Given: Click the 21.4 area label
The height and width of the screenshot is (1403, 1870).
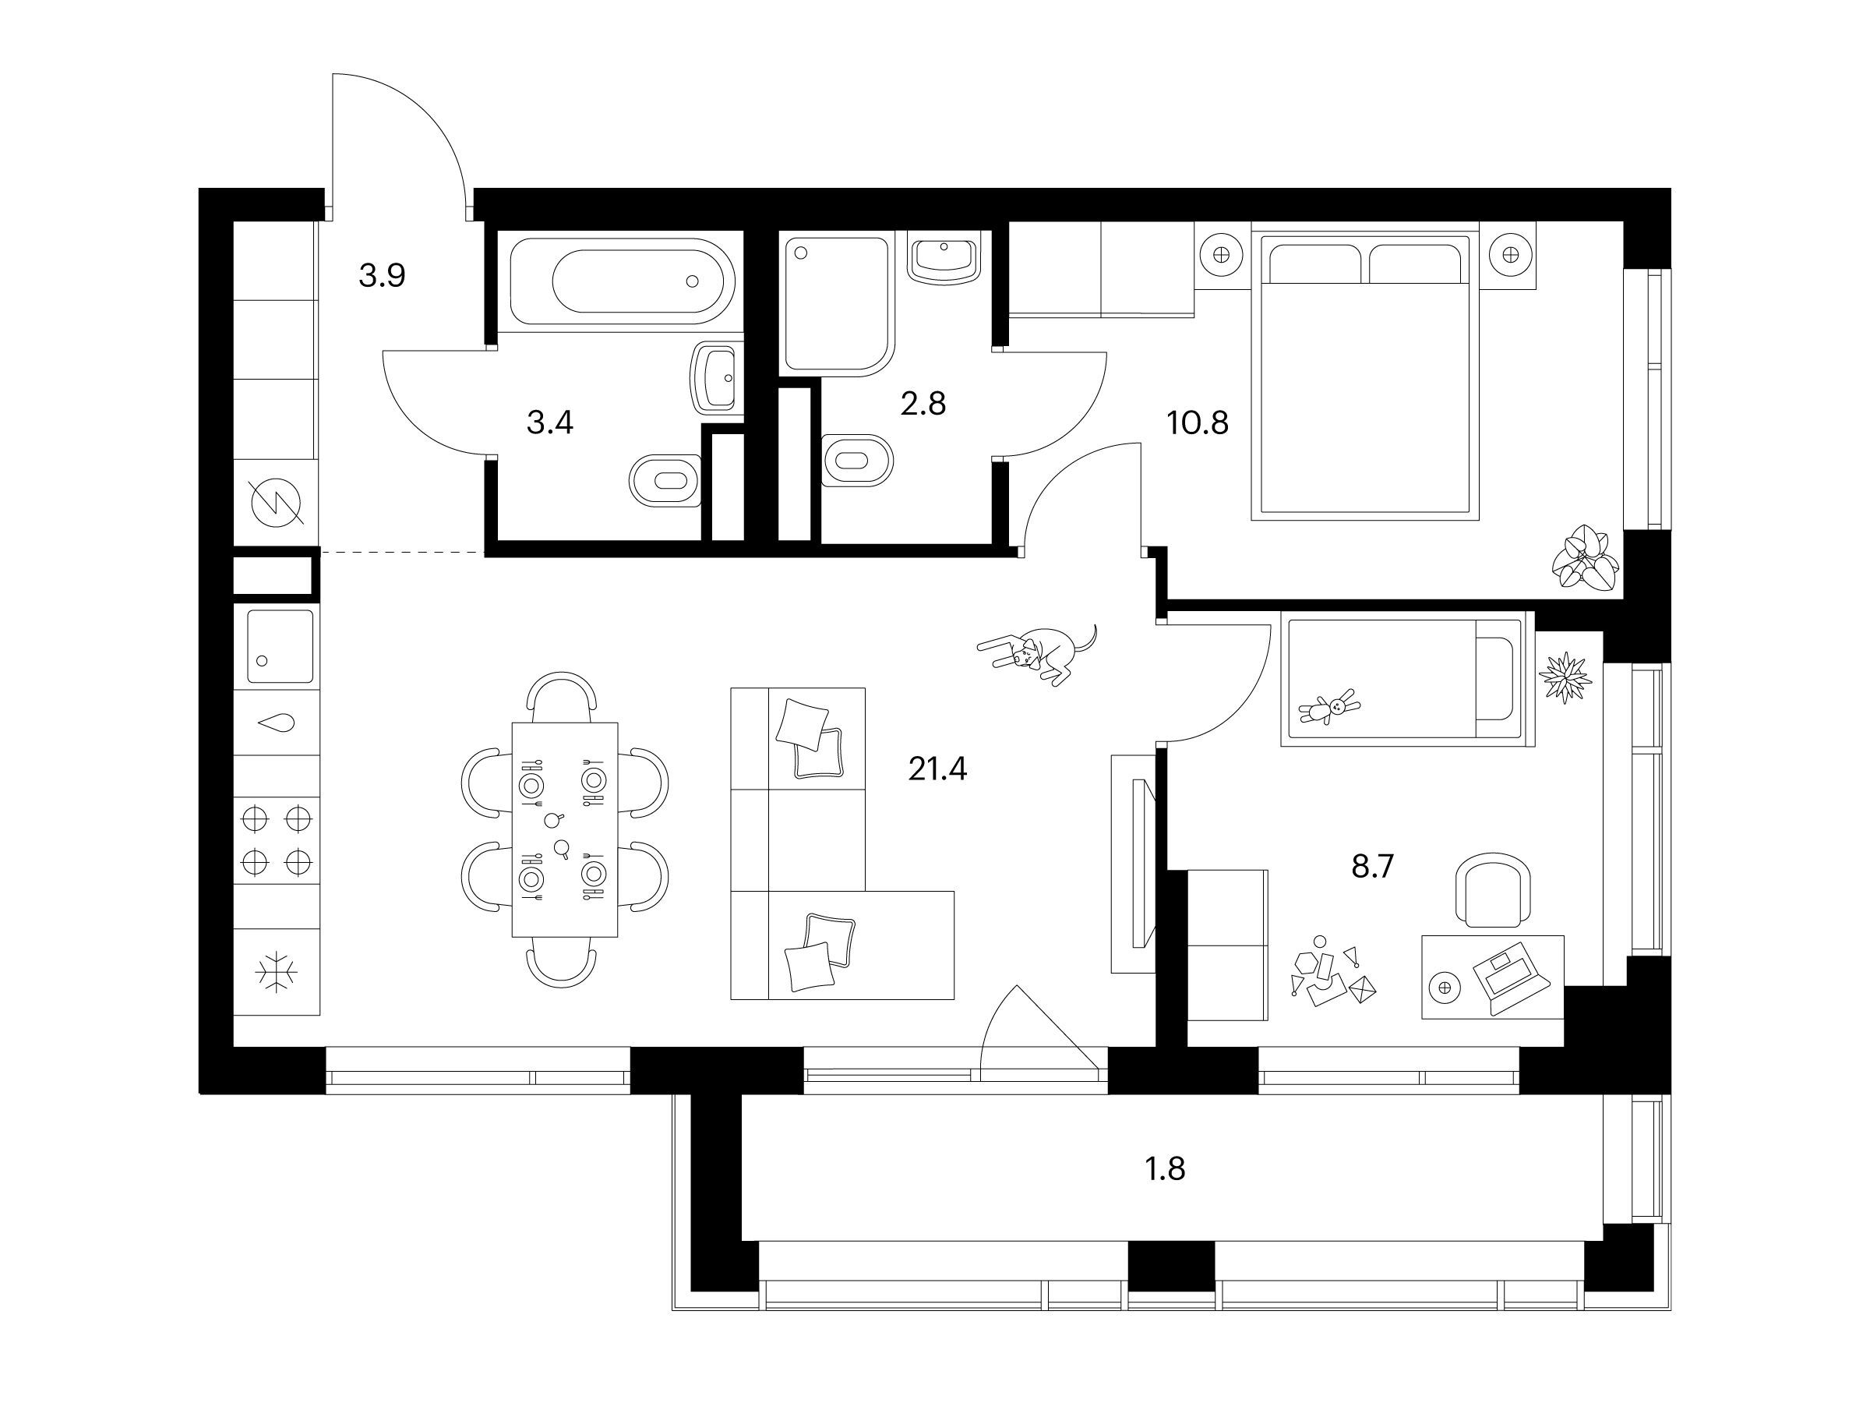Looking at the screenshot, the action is (937, 769).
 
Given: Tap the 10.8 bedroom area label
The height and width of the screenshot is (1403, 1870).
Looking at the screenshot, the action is (1197, 422).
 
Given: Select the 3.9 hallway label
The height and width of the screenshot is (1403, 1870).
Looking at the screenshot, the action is (382, 275).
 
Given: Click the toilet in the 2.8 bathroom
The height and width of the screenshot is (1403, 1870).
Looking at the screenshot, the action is (857, 461).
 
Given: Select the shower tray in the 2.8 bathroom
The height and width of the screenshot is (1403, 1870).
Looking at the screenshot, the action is (837, 306).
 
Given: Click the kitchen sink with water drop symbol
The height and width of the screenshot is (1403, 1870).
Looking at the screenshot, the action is (277, 723).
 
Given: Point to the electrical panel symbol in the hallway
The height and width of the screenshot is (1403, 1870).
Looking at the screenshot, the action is (277, 502).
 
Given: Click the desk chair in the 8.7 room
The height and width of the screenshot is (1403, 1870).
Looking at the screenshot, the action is (1493, 889).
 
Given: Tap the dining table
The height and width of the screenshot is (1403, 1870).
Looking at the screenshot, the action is (565, 829).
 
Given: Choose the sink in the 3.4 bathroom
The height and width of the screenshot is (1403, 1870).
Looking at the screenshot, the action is (717, 377).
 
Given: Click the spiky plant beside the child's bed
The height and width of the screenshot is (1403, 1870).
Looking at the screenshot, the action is (1565, 676).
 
